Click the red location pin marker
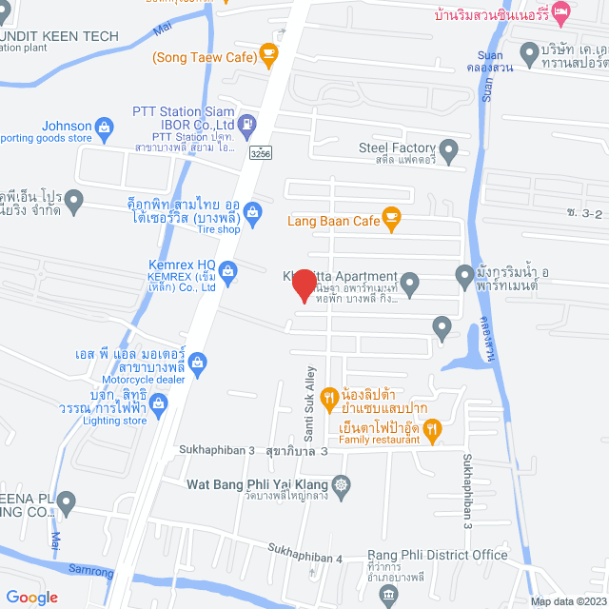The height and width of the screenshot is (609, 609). click(304, 285)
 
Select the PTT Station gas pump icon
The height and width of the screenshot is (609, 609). click(246, 123)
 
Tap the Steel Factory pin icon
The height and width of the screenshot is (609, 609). click(448, 148)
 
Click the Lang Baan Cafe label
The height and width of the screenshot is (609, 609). click(331, 222)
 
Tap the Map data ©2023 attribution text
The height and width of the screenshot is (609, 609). click(566, 600)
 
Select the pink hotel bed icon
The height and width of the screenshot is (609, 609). click(561, 15)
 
